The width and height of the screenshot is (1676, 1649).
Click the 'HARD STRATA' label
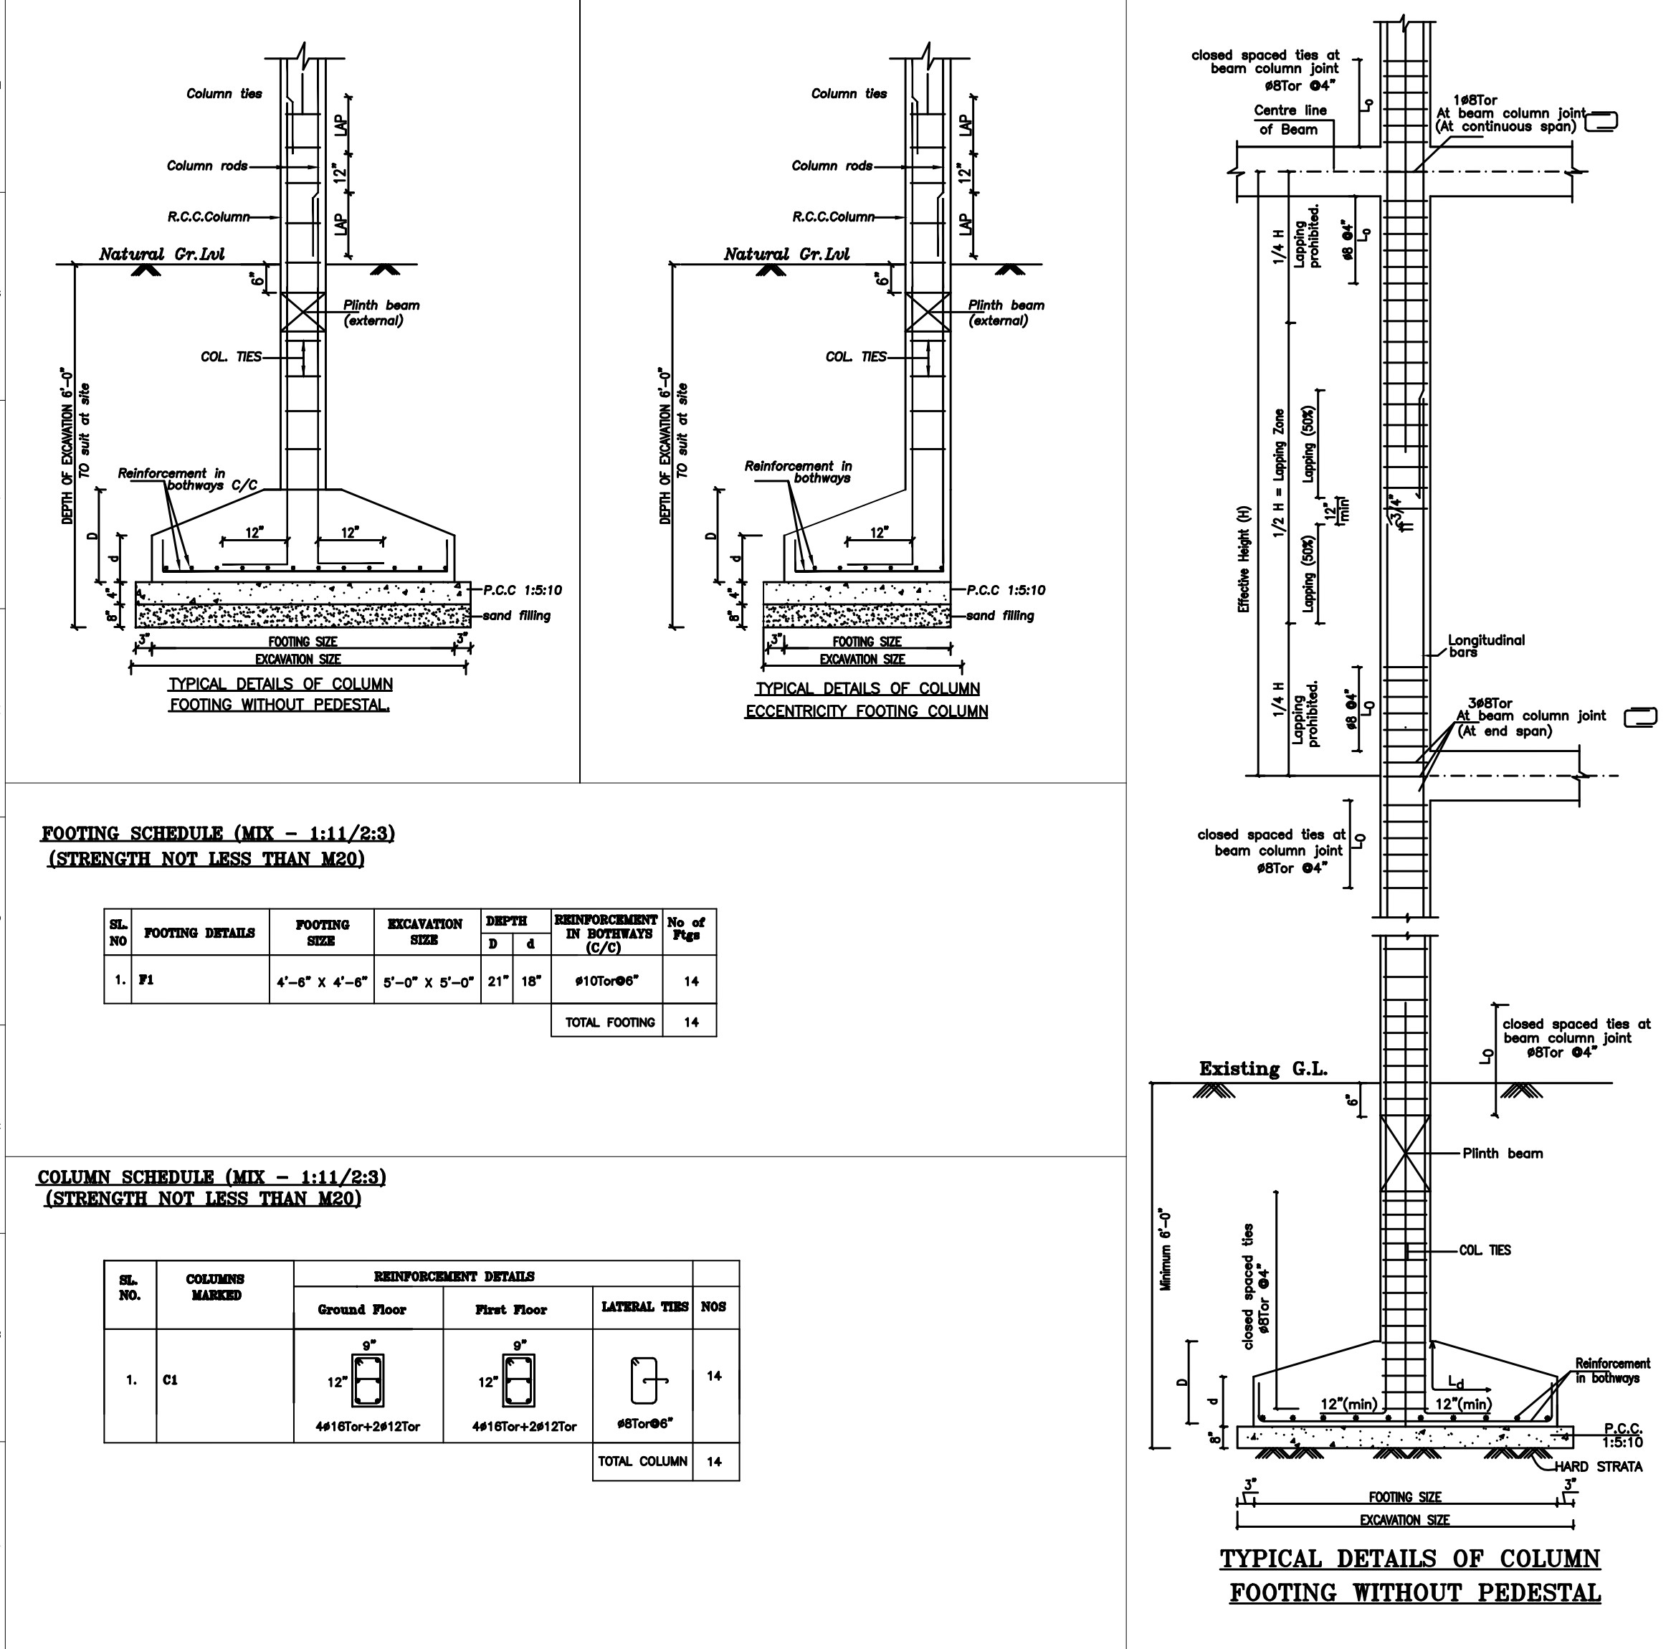pos(1598,1466)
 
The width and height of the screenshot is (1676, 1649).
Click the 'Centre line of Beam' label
pos(1289,120)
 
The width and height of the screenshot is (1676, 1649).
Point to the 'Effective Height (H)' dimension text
pos(1244,559)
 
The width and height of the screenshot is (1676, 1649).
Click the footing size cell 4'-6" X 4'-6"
pos(321,982)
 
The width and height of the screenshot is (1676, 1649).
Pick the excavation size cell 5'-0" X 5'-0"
pos(428,982)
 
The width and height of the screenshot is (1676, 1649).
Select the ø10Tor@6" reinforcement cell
pos(606,982)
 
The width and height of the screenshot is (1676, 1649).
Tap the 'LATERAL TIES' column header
pos(644,1307)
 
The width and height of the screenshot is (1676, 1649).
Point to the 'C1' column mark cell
pos(170,1379)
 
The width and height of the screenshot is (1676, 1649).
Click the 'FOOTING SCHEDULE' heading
pos(218,834)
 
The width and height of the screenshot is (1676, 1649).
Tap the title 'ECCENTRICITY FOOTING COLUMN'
pos(866,711)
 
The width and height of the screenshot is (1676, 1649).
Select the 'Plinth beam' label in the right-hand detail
pos(1503,1154)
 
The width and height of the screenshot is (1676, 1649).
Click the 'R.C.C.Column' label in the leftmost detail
pos(209,217)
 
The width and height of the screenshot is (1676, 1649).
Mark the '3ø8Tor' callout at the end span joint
pos(1490,703)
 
